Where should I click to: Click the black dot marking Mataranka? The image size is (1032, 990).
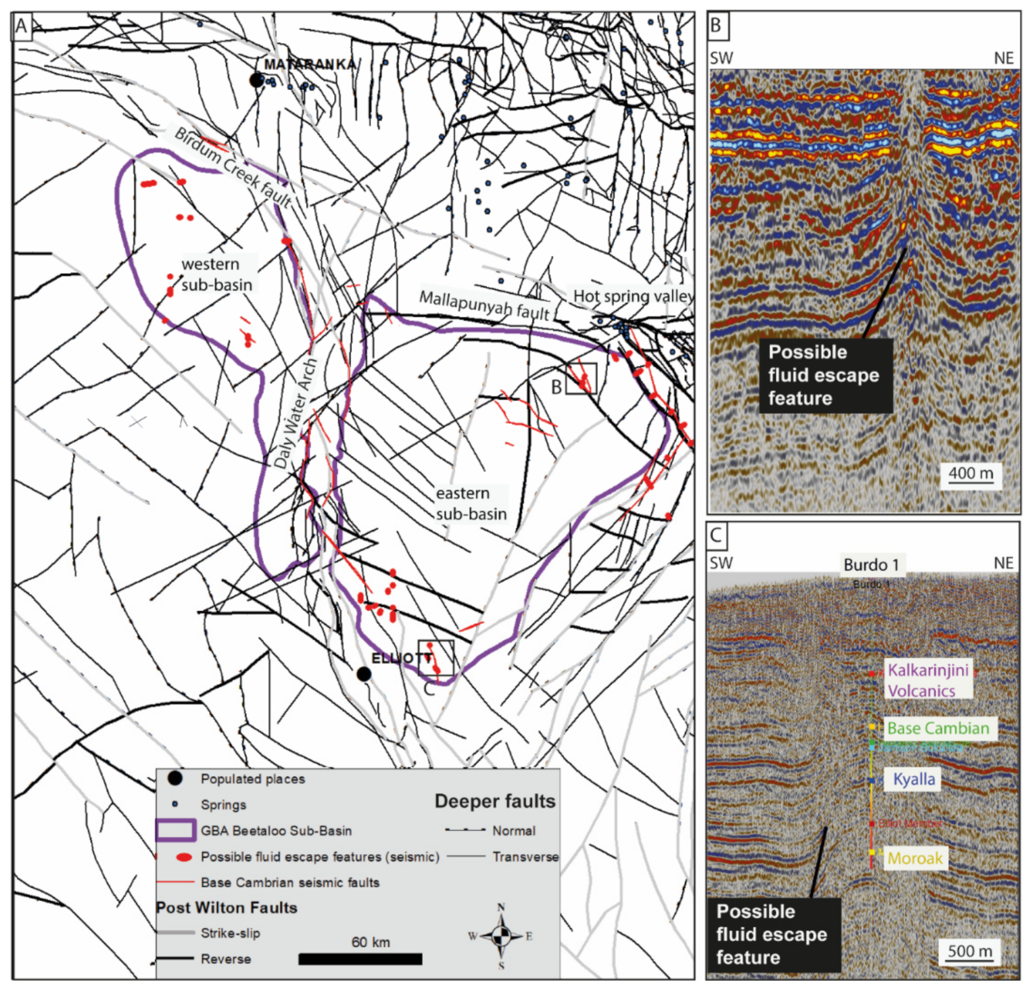[x=256, y=81]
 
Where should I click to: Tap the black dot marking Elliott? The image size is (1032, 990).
[x=363, y=674]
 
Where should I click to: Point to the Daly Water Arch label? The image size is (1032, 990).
[x=297, y=413]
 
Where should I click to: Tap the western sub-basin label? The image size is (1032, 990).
[x=216, y=274]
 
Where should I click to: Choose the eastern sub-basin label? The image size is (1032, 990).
[x=471, y=504]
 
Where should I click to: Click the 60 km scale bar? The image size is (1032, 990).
[x=360, y=959]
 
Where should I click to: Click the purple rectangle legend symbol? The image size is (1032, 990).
[x=176, y=830]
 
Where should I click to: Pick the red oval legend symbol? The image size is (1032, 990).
[x=184, y=857]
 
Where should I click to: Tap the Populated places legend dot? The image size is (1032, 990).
[x=175, y=778]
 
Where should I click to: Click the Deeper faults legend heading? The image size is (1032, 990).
[x=494, y=801]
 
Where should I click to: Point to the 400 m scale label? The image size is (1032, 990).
[x=970, y=473]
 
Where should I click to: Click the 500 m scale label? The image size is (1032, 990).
[x=970, y=951]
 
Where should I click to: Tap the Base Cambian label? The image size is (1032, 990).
[x=938, y=728]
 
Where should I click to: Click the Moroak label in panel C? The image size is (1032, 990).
[x=915, y=858]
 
